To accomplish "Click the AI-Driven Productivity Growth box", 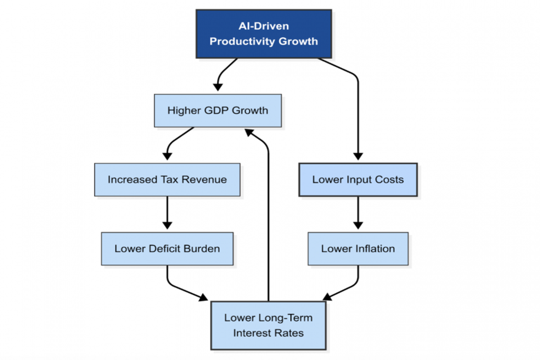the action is (x=264, y=34).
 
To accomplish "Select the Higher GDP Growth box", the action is (x=218, y=111).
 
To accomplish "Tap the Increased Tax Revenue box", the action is (x=167, y=180).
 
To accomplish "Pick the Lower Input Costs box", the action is (x=358, y=180).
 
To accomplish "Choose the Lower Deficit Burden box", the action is (x=167, y=249).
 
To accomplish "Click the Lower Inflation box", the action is (x=358, y=249).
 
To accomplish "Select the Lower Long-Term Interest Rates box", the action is (x=268, y=325).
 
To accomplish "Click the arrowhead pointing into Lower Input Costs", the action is (x=358, y=157).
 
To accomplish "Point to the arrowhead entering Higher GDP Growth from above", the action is (x=218, y=87).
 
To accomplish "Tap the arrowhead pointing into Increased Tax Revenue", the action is (x=167, y=157).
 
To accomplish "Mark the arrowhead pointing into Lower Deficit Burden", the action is (x=167, y=226).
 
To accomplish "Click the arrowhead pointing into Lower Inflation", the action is (x=358, y=226).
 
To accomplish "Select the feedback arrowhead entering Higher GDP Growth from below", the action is (x=249, y=132).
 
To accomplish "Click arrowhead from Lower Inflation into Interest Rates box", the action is (x=328, y=297).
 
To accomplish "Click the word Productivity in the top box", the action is (x=242, y=41).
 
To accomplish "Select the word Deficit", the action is (x=164, y=249).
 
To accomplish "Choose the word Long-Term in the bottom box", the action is (x=285, y=318).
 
